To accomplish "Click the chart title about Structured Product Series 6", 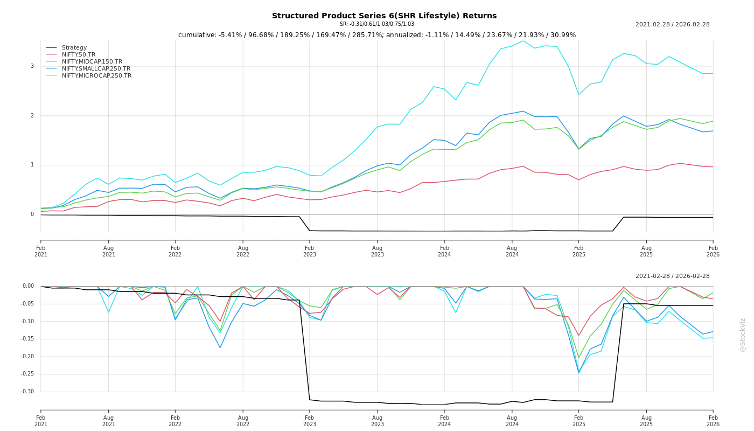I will (x=384, y=16).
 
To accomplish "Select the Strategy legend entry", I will (x=74, y=48).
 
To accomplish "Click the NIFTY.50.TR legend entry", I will (x=79, y=55).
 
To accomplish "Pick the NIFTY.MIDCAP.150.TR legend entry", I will (x=92, y=62).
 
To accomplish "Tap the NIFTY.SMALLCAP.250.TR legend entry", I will (x=96, y=69).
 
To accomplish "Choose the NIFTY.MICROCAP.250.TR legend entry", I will (x=96, y=76).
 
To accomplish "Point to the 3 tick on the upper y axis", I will (x=32, y=66).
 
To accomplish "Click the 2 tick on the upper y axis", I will (x=32, y=116).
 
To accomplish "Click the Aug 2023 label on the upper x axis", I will (x=377, y=251).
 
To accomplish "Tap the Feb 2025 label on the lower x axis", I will (x=579, y=421).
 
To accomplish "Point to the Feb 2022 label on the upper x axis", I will (x=175, y=251).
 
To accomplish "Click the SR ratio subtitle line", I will (x=377, y=24).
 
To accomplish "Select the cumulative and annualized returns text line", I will (x=377, y=35).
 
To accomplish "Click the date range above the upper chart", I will (x=672, y=25).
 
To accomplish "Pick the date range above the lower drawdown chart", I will (x=672, y=276).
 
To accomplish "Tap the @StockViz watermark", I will (x=743, y=335).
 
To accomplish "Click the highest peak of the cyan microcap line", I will (x=522, y=41).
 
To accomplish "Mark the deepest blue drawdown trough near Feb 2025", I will (x=579, y=373).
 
